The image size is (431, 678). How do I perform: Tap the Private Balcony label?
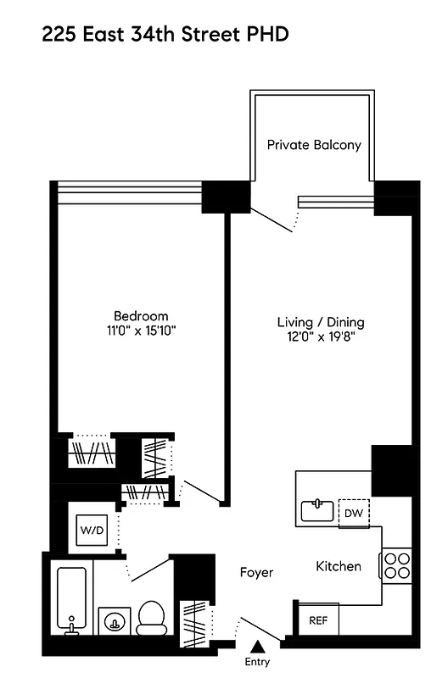tap(314, 145)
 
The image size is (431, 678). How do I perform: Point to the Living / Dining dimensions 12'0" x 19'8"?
tap(321, 337)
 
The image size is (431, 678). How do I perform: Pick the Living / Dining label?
tap(321, 322)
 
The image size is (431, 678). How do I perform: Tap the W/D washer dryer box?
tap(92, 531)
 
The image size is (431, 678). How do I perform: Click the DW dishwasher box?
tap(353, 512)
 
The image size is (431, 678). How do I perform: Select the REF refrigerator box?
tap(318, 620)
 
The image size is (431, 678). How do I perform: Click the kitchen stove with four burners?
tap(396, 564)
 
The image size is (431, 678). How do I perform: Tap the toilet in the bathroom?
tap(153, 618)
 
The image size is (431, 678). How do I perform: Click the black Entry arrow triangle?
tap(258, 648)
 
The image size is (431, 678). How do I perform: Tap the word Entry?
tap(258, 662)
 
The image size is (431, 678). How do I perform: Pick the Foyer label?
tap(256, 573)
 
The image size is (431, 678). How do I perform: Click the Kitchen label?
tap(339, 566)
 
